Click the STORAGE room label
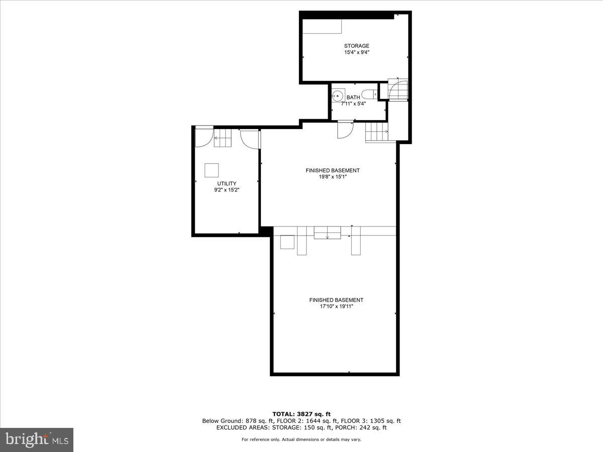click(356, 46)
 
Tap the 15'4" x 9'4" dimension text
click(356, 52)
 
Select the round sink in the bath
click(338, 95)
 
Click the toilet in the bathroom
click(370, 95)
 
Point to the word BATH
click(353, 97)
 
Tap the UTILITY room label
click(227, 184)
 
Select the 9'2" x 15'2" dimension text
click(227, 190)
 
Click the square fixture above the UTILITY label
click(212, 171)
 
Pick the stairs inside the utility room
click(223, 138)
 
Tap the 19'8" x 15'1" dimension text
click(332, 177)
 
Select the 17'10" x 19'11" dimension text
click(336, 306)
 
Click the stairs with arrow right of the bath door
click(377, 133)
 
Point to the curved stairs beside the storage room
click(398, 89)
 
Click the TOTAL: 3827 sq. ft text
click(301, 414)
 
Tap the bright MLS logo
click(37, 440)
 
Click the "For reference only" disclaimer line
click(301, 439)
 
